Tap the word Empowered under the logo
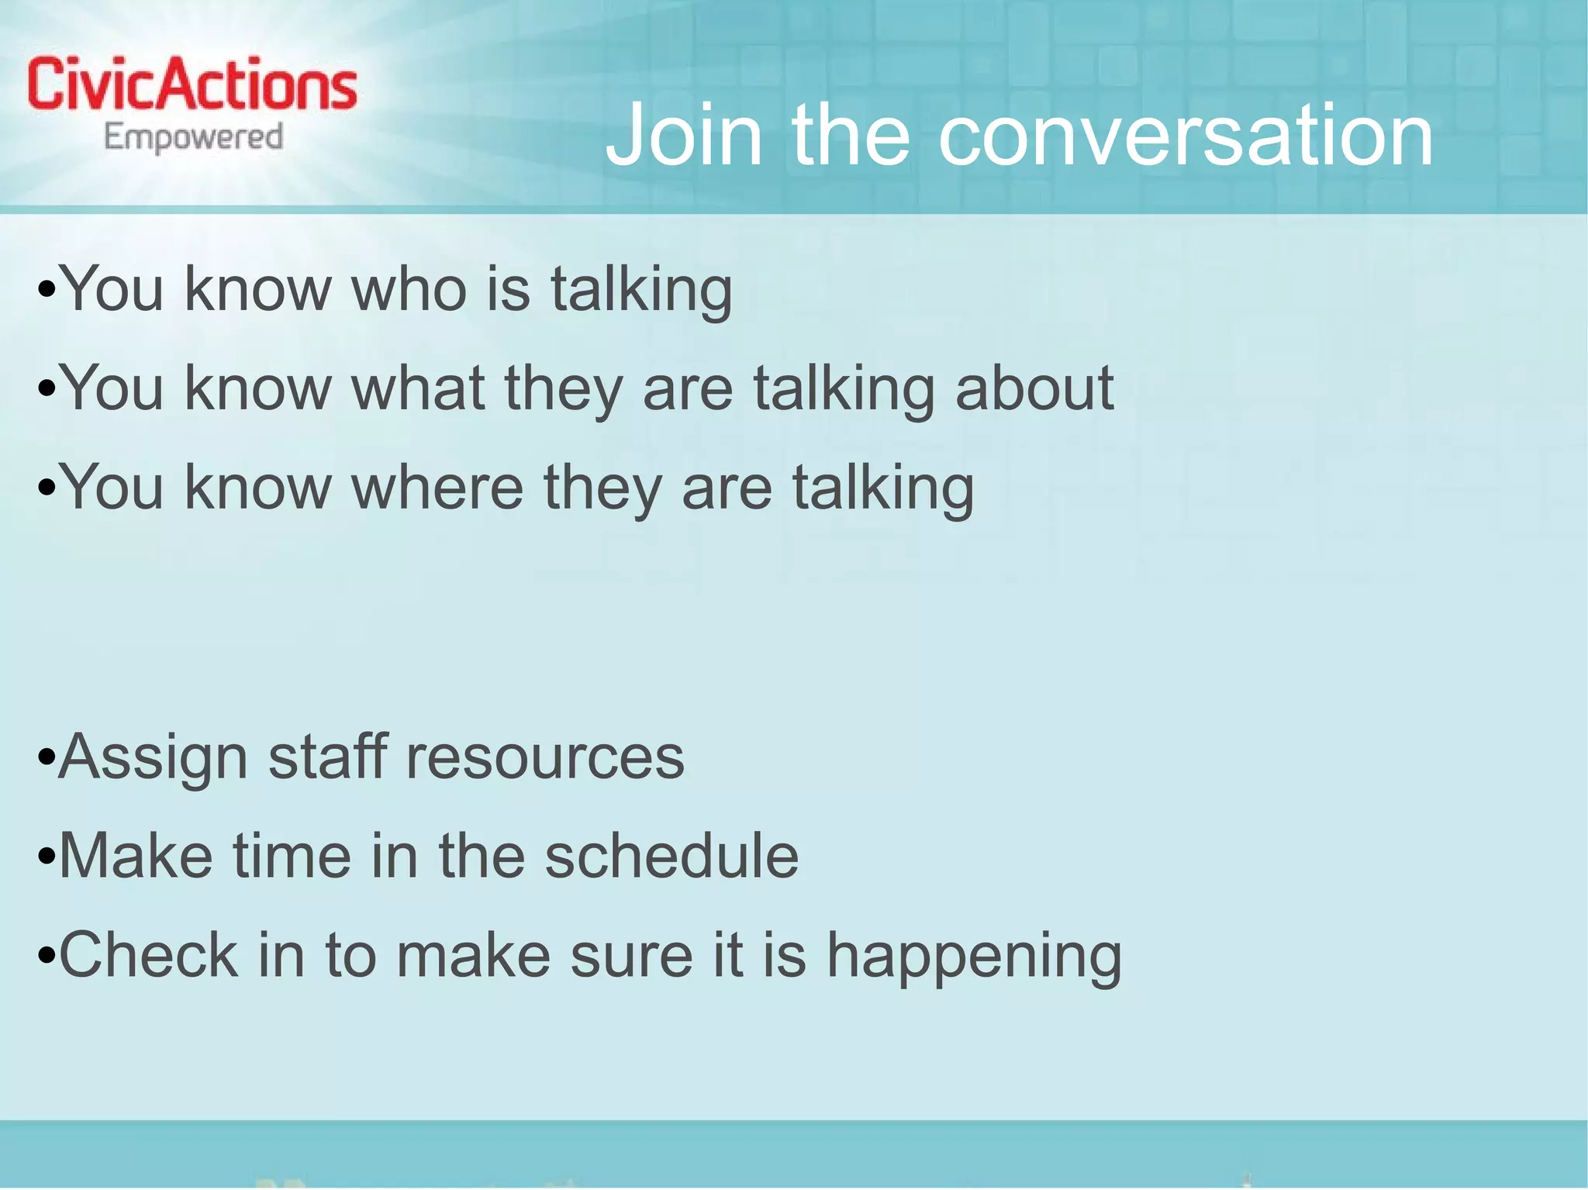tap(194, 138)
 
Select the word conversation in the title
tap(1186, 136)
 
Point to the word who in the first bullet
tap(409, 289)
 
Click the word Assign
tap(154, 758)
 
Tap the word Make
tap(136, 856)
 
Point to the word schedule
tap(671, 856)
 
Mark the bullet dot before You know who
tap(47, 290)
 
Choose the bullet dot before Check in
tap(47, 955)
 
